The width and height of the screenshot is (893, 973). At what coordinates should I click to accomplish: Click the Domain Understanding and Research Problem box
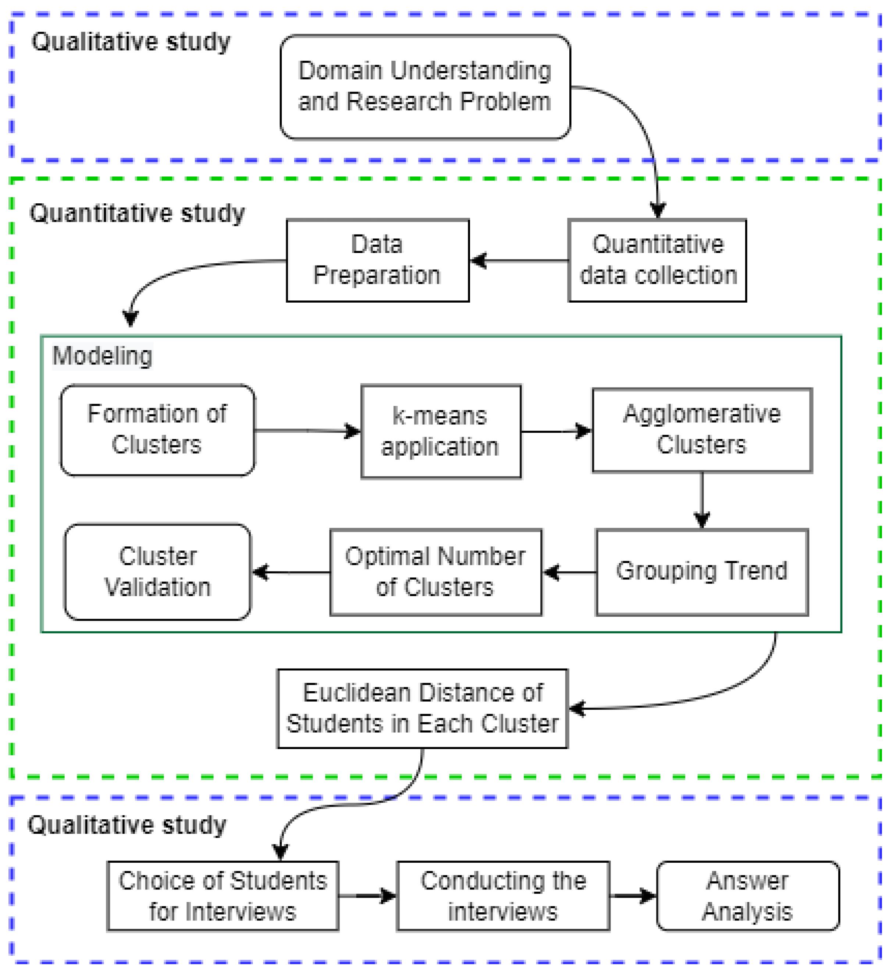425,87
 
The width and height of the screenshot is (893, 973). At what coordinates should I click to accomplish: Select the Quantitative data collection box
658,260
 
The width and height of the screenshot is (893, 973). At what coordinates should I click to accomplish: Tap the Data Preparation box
377,260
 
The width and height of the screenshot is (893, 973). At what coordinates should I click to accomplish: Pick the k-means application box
441,431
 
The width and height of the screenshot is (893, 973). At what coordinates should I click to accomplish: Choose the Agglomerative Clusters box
702,430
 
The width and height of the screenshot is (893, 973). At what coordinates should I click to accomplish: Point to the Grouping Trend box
702,572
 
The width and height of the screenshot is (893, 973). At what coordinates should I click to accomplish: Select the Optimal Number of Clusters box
435,572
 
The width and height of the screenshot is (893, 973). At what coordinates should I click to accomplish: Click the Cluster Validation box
157,572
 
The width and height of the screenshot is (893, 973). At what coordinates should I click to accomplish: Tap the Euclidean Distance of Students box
422,709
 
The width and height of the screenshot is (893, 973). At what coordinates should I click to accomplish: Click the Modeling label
103,356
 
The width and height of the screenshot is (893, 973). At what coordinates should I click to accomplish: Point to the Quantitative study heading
137,213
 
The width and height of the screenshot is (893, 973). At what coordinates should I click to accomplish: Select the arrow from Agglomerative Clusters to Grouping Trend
702,500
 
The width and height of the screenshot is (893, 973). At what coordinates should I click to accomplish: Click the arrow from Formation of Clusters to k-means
307,431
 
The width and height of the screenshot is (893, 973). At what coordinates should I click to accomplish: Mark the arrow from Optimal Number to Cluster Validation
291,573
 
